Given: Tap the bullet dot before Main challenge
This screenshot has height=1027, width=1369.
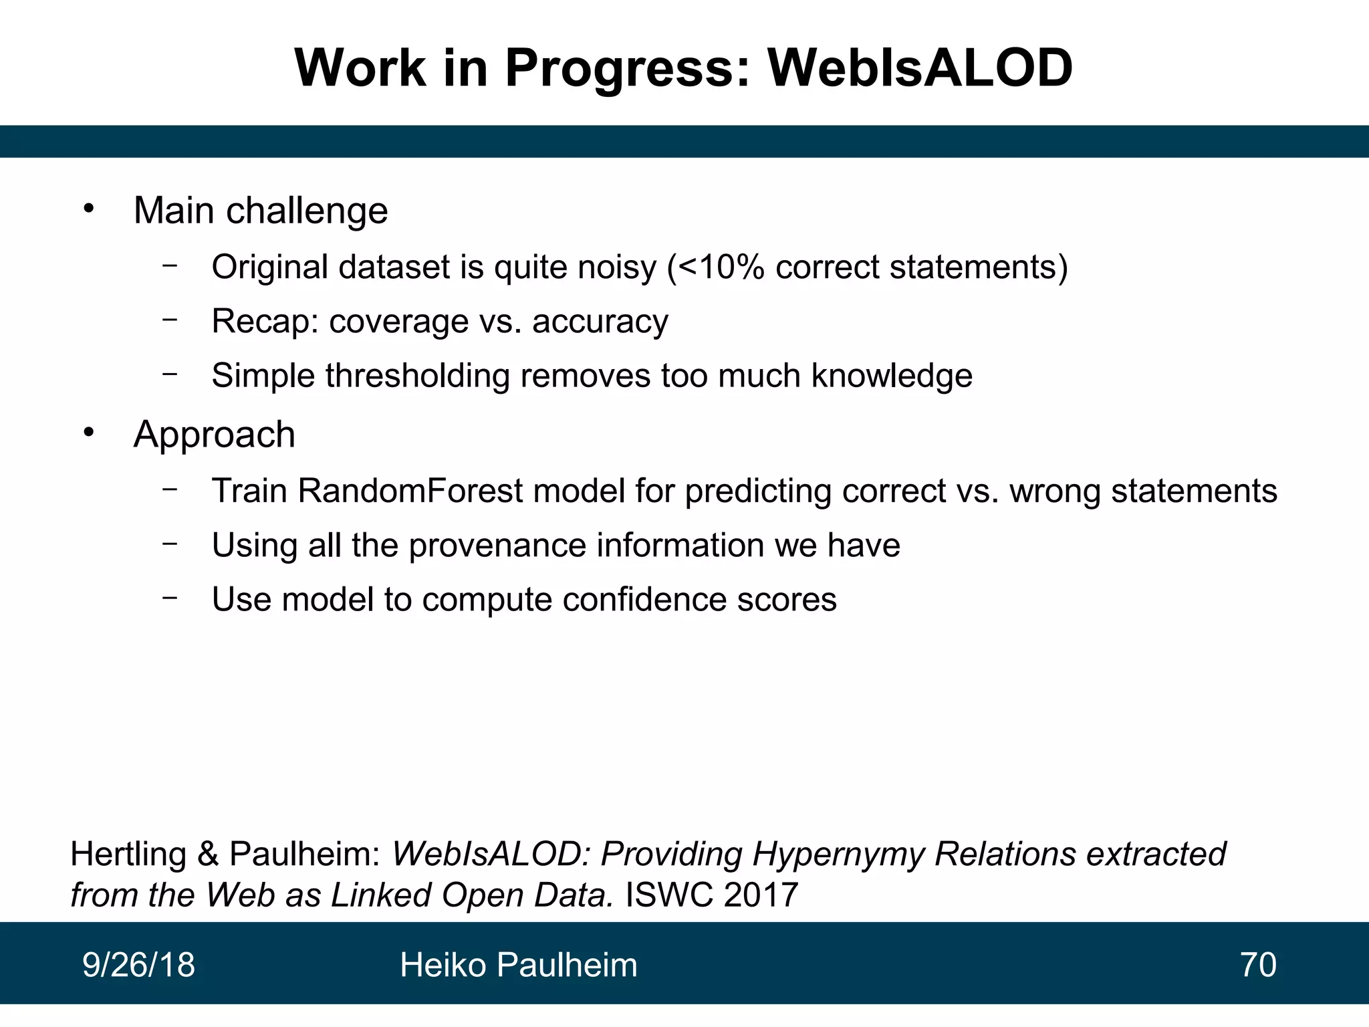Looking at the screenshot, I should [x=89, y=209].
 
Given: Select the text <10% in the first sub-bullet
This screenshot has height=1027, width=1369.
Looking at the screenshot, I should [x=721, y=267].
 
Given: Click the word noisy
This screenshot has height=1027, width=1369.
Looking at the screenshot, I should [x=617, y=267].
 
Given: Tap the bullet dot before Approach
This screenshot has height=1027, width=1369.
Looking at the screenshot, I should [x=89, y=433].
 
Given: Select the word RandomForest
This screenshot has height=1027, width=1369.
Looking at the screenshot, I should [x=410, y=491].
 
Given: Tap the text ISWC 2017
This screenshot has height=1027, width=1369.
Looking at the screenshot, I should [x=711, y=895].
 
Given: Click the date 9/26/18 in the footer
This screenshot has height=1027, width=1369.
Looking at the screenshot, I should [x=138, y=965].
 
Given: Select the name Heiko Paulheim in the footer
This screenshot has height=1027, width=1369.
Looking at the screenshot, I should [x=518, y=965].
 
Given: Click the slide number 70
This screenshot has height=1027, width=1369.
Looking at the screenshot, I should [x=1257, y=965].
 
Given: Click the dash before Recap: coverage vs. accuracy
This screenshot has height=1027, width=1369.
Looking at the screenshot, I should [x=170, y=320].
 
